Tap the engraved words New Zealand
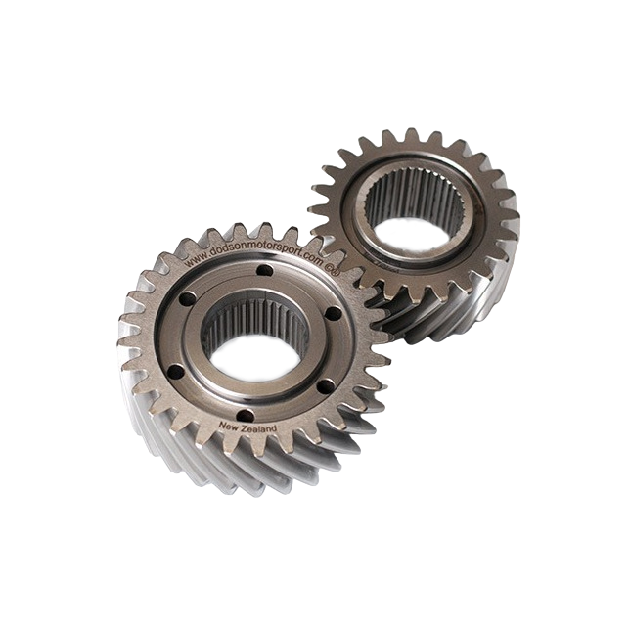tap(248, 427)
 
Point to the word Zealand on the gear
tap(259, 428)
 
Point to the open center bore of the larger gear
tap(253, 358)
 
